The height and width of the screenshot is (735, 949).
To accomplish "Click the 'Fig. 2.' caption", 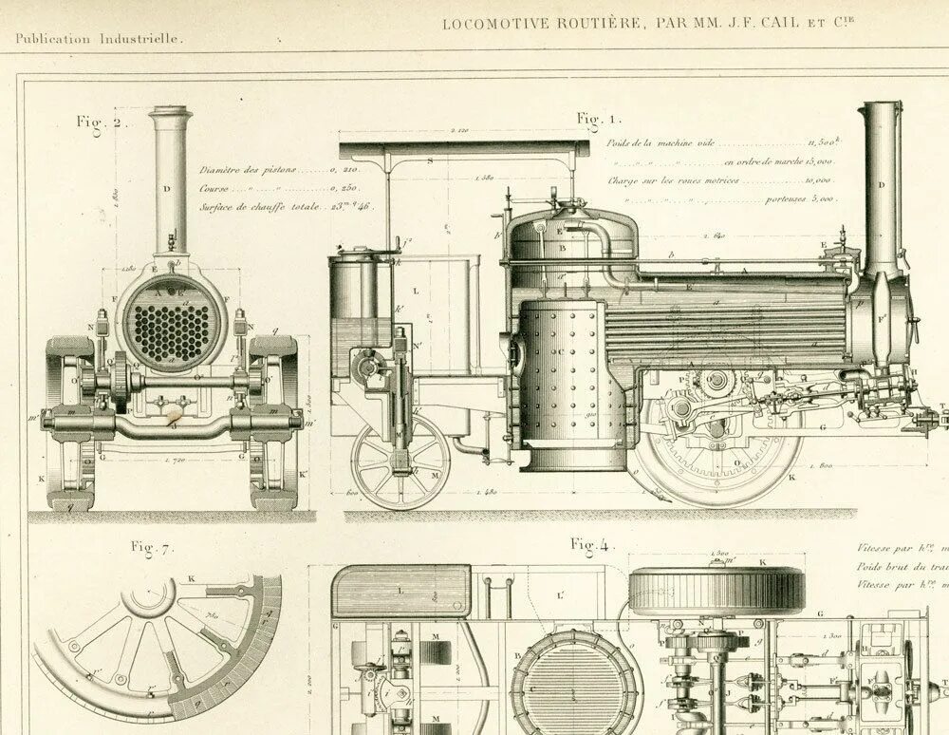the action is click(97, 122).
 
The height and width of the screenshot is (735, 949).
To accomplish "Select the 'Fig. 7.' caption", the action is click(152, 547).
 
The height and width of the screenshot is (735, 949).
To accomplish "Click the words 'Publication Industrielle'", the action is click(100, 39).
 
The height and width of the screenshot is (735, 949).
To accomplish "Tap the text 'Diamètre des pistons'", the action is click(248, 170).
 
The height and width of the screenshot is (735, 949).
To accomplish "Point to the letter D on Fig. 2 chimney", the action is click(168, 189).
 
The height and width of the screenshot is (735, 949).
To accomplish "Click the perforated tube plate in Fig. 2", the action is click(172, 326).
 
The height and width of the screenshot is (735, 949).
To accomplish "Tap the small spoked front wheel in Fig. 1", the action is click(400, 462).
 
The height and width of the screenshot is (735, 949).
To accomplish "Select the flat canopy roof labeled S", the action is click(464, 149).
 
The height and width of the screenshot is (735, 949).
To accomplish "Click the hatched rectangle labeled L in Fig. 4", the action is click(401, 591).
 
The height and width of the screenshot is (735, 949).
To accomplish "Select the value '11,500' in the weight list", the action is click(820, 143).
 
